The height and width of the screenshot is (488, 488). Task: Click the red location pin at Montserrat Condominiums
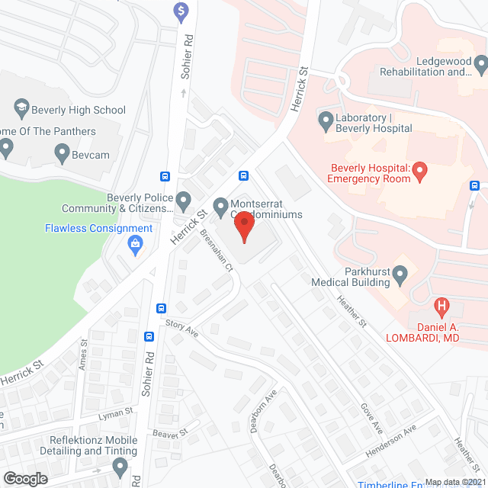coord(243,226)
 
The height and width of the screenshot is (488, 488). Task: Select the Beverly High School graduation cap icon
coord(21,110)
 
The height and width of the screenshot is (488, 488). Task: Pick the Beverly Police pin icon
coord(183,202)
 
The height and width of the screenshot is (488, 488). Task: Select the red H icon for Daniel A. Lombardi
coord(441,308)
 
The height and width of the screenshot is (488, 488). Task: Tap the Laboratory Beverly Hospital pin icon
coord(326,120)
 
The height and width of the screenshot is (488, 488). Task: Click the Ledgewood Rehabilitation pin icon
coord(480,64)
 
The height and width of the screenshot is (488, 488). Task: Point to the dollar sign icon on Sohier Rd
coord(181,11)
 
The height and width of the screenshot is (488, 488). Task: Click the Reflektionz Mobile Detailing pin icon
coord(120,466)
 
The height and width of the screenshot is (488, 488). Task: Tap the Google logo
coord(25,478)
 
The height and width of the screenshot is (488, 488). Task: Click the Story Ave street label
coord(181,329)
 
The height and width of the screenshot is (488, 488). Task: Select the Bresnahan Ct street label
coord(217,250)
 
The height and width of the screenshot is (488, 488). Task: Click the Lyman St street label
coord(115,415)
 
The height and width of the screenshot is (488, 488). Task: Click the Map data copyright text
coord(455,482)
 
